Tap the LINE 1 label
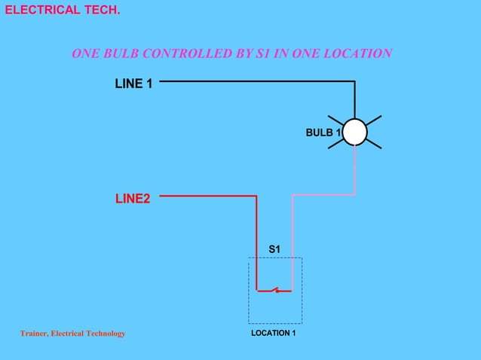133,84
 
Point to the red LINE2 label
133,199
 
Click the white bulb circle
354,133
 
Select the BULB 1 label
323,133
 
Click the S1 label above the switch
274,249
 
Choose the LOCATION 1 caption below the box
274,333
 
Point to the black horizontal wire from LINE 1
256,81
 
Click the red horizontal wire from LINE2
208,196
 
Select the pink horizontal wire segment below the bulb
324,195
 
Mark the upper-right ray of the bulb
373,121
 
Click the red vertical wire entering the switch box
256,241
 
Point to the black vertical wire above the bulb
354,98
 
